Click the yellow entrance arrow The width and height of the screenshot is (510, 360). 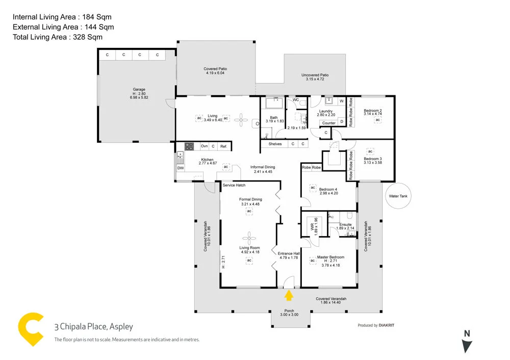click(x=289, y=295)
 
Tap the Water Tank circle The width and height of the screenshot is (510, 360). click(x=398, y=196)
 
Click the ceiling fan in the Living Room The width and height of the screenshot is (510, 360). click(x=249, y=237)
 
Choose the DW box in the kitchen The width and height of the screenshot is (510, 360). click(x=180, y=168)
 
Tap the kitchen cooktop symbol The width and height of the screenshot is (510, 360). click(x=189, y=146)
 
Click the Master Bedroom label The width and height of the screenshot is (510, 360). click(x=330, y=258)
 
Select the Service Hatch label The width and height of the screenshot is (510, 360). click(x=234, y=185)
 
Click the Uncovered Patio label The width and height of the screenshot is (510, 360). click(x=315, y=75)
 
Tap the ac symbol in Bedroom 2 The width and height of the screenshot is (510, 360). click(x=378, y=120)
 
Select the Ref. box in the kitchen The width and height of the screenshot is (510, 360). click(x=223, y=146)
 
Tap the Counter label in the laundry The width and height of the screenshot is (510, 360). click(x=329, y=123)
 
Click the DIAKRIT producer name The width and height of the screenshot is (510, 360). click(x=387, y=325)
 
